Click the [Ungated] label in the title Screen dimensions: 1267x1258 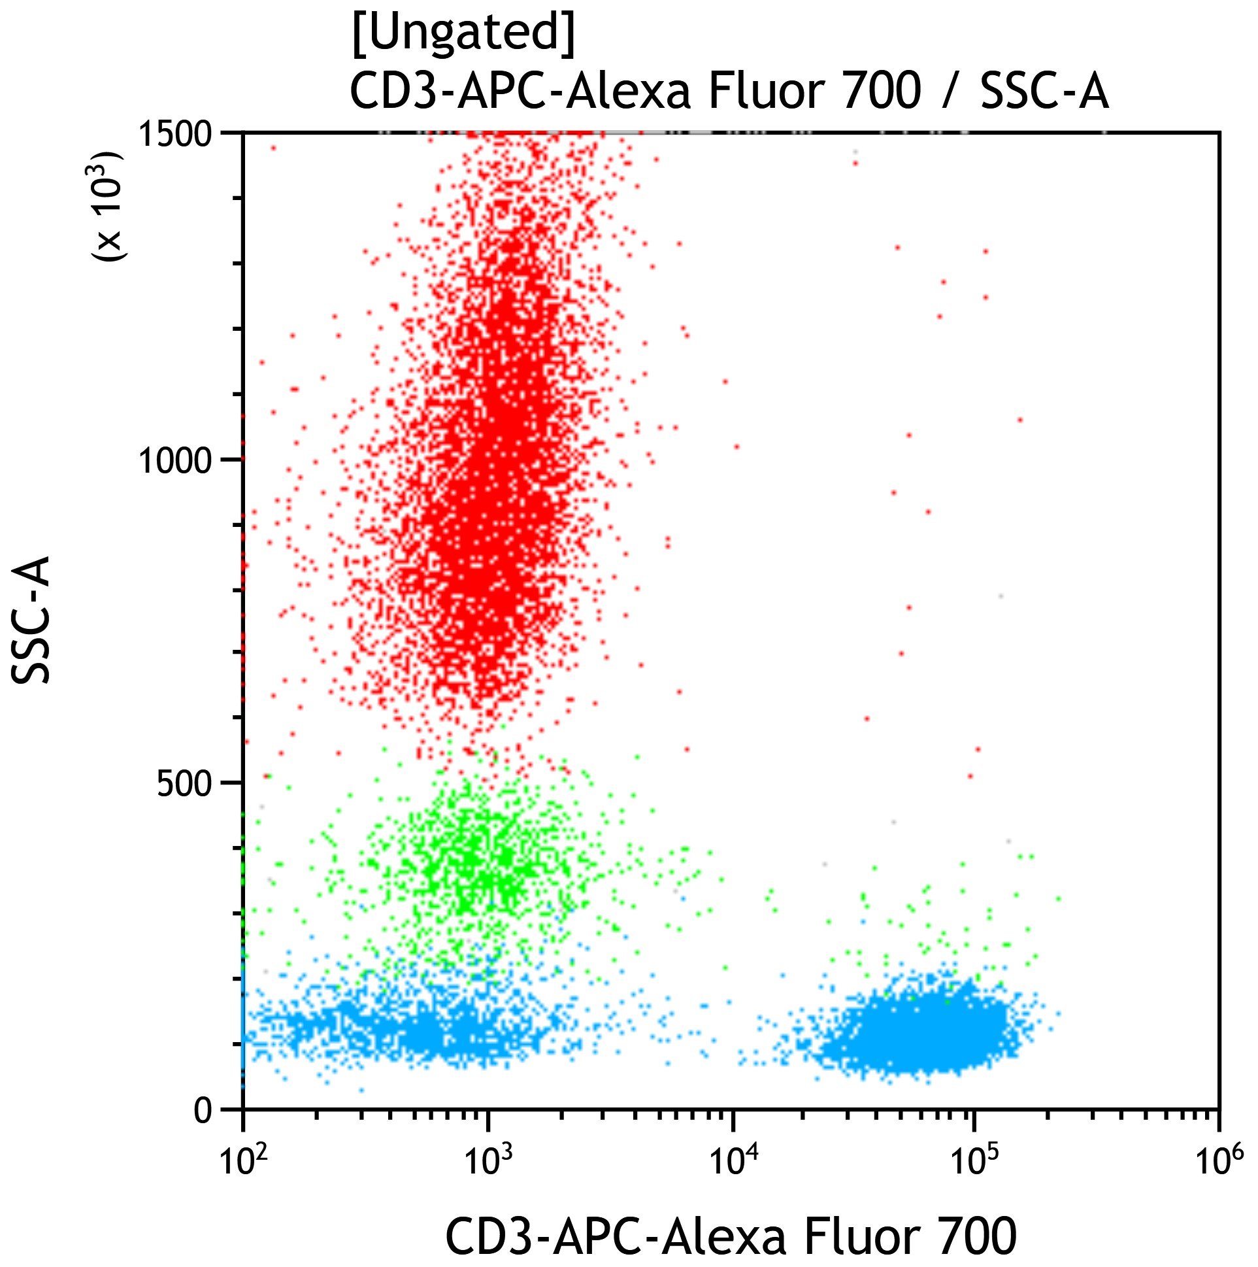(463, 31)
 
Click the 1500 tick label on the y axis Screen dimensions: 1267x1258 (176, 135)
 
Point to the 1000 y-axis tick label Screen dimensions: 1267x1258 (176, 460)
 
